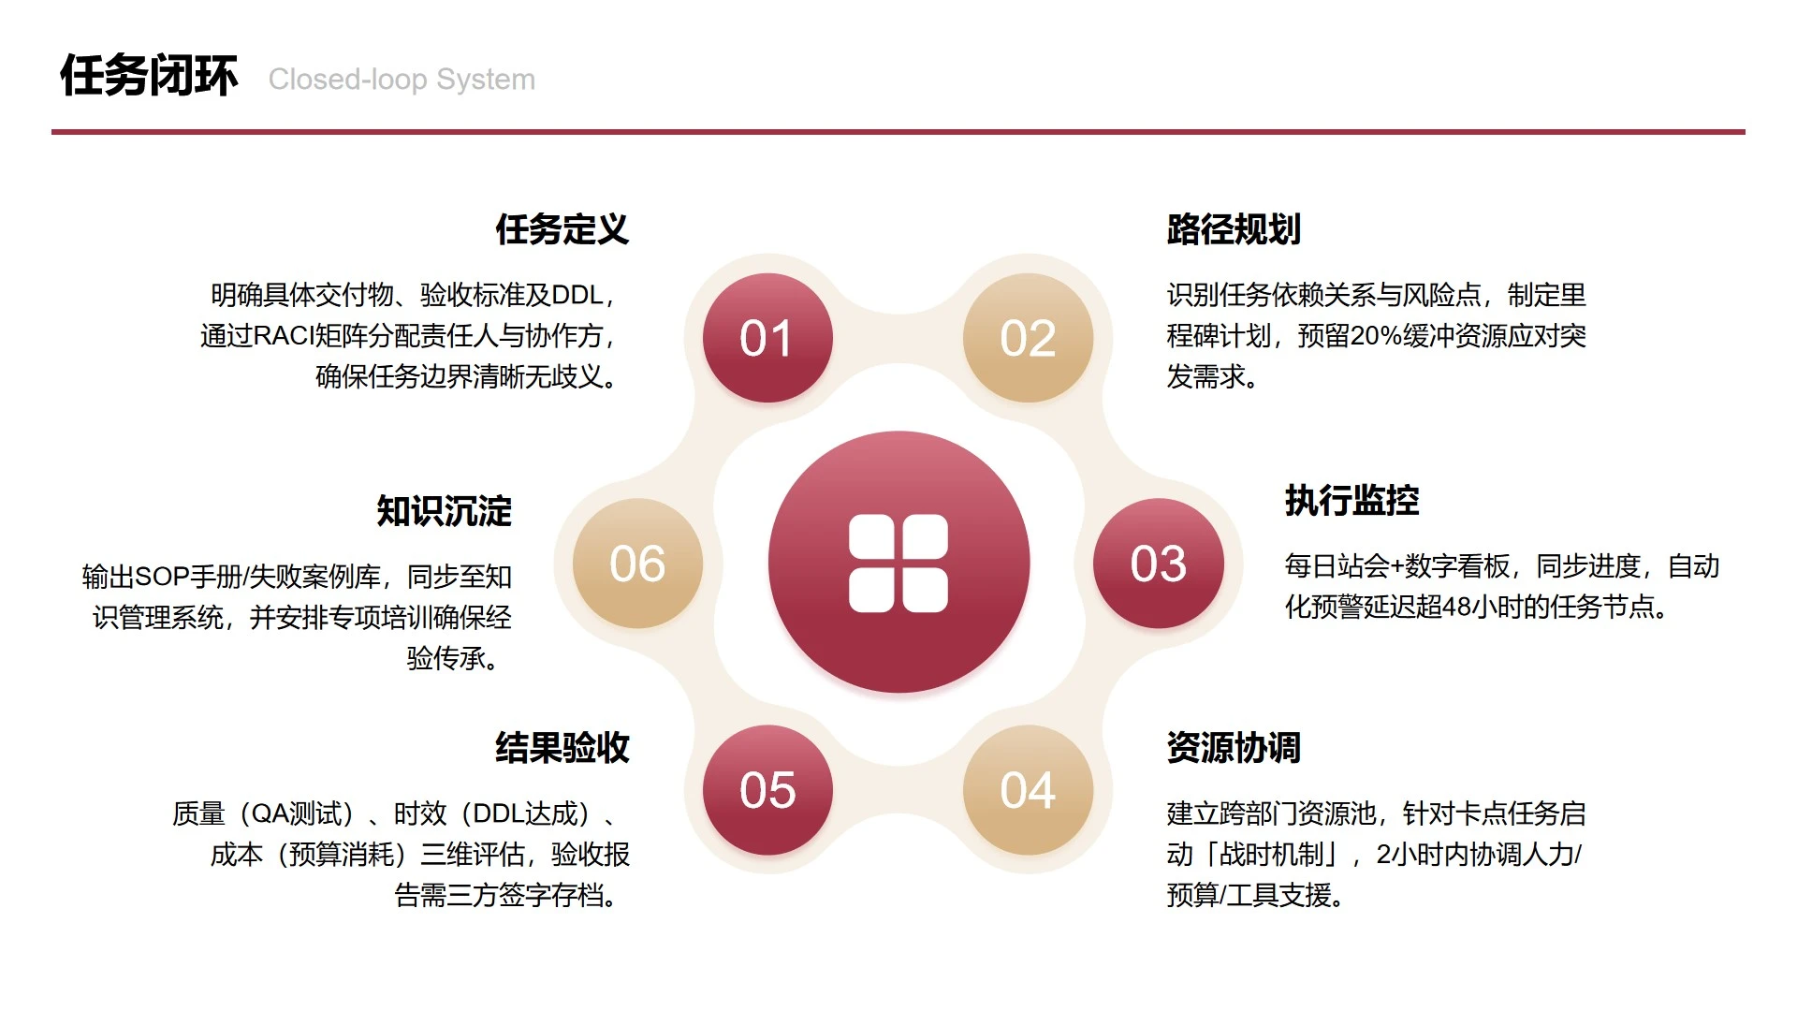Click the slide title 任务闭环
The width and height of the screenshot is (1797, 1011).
149,76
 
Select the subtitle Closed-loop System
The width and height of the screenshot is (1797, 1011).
402,80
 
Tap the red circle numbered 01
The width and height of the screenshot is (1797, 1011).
767,338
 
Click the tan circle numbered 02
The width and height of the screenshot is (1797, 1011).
1028,338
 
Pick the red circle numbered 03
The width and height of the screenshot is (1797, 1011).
1159,564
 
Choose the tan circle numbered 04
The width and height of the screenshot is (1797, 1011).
1028,790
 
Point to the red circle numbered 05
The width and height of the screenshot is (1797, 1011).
767,790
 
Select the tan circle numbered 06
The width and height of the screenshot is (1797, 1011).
637,564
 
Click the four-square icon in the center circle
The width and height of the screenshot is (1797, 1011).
898,564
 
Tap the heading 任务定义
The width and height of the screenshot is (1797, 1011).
562,229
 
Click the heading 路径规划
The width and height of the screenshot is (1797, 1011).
1234,229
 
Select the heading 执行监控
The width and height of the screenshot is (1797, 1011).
1351,501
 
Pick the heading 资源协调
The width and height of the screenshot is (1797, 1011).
1234,748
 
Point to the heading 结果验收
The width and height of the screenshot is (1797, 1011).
562,748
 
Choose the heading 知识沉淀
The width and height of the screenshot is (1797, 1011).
444,511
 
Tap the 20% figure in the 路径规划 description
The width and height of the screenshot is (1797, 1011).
1370,336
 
